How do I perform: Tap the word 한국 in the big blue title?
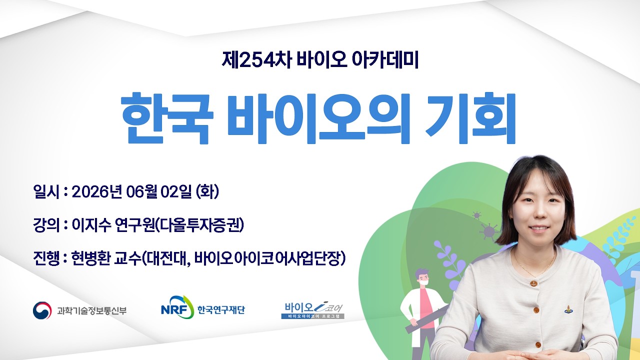point(167,118)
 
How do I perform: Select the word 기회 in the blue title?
point(470,118)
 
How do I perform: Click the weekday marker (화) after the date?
point(207,191)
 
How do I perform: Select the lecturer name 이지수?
point(91,225)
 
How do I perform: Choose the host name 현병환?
point(90,258)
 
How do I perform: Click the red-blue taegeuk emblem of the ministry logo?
point(42,310)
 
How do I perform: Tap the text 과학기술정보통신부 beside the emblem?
point(91,310)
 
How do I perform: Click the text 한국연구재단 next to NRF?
point(221,310)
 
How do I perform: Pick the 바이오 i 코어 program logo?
point(313,311)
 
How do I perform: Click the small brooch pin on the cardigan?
point(568,309)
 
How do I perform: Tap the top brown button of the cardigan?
point(533,283)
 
